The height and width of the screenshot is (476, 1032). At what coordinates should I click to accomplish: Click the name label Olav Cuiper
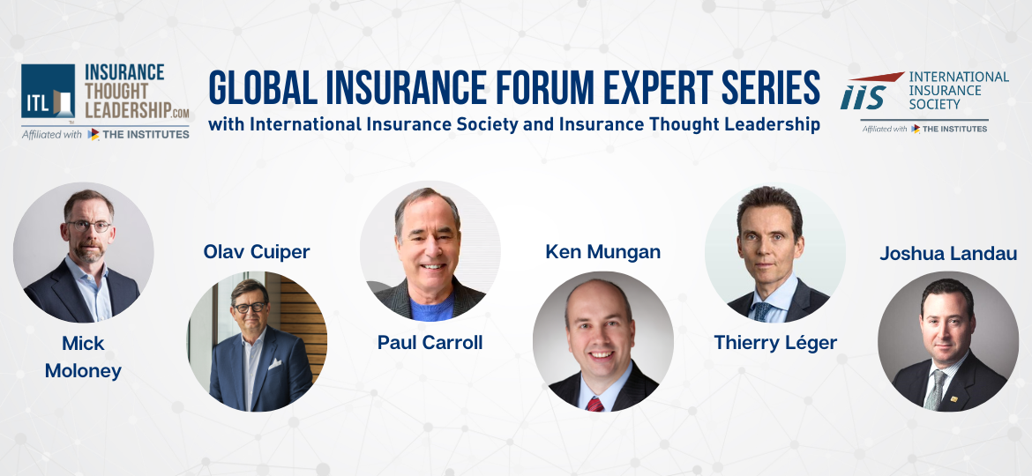(256, 252)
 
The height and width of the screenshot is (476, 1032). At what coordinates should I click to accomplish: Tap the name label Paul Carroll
(430, 343)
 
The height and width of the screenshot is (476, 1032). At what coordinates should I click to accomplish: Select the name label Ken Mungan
(602, 252)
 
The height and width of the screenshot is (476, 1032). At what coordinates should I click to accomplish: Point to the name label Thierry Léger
(775, 343)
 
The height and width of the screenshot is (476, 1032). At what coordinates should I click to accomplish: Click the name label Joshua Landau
(948, 254)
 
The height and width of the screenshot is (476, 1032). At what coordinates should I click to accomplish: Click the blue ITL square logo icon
(49, 92)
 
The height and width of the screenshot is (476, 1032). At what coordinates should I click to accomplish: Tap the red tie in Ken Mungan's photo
(596, 404)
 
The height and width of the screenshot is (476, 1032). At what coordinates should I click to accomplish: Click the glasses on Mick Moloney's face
(87, 226)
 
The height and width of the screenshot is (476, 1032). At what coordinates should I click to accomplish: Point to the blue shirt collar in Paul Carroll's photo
(430, 309)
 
